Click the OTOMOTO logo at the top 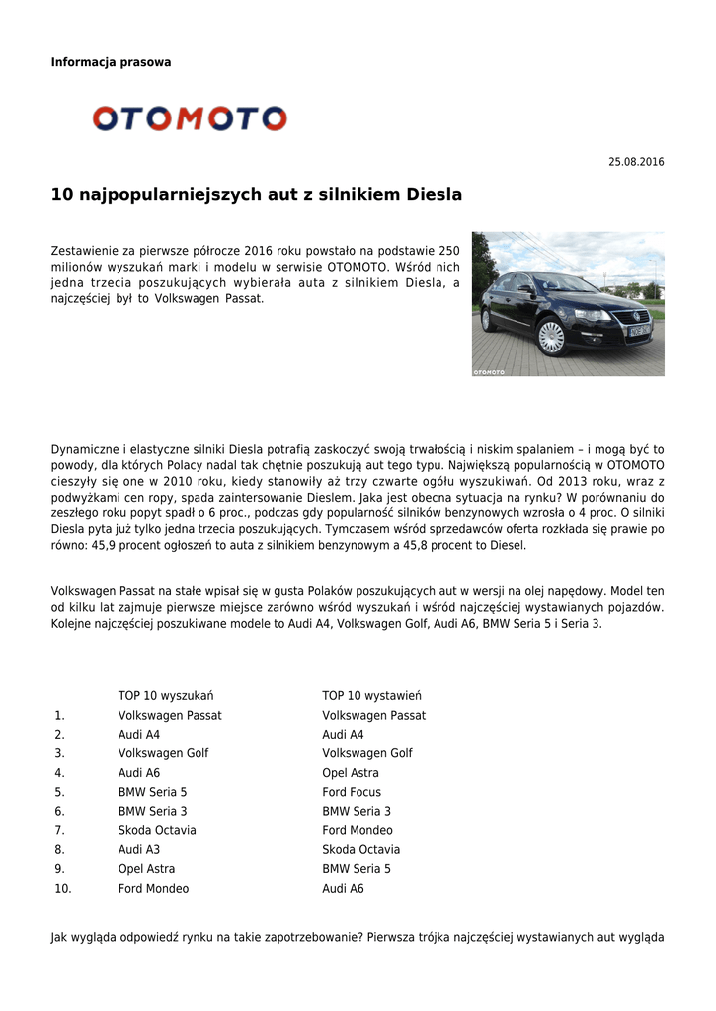190,119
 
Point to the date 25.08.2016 636,162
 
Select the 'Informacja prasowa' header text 111,62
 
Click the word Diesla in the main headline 434,195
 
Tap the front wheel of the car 551,338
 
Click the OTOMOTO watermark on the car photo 489,372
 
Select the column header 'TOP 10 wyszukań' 166,696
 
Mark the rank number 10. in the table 63,889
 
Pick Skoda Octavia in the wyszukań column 157,830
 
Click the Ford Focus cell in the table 351,792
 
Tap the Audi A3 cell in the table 139,850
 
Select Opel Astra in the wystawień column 350,773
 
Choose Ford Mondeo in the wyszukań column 153,889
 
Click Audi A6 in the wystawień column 343,889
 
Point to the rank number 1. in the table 59,716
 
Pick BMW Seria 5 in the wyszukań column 152,792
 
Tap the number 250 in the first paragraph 448,251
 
